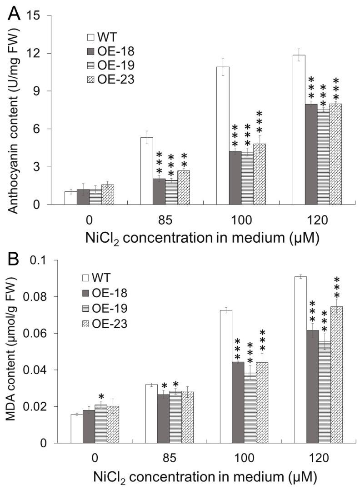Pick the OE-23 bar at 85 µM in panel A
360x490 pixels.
tap(184, 187)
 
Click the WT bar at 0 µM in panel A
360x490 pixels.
tap(70, 198)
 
